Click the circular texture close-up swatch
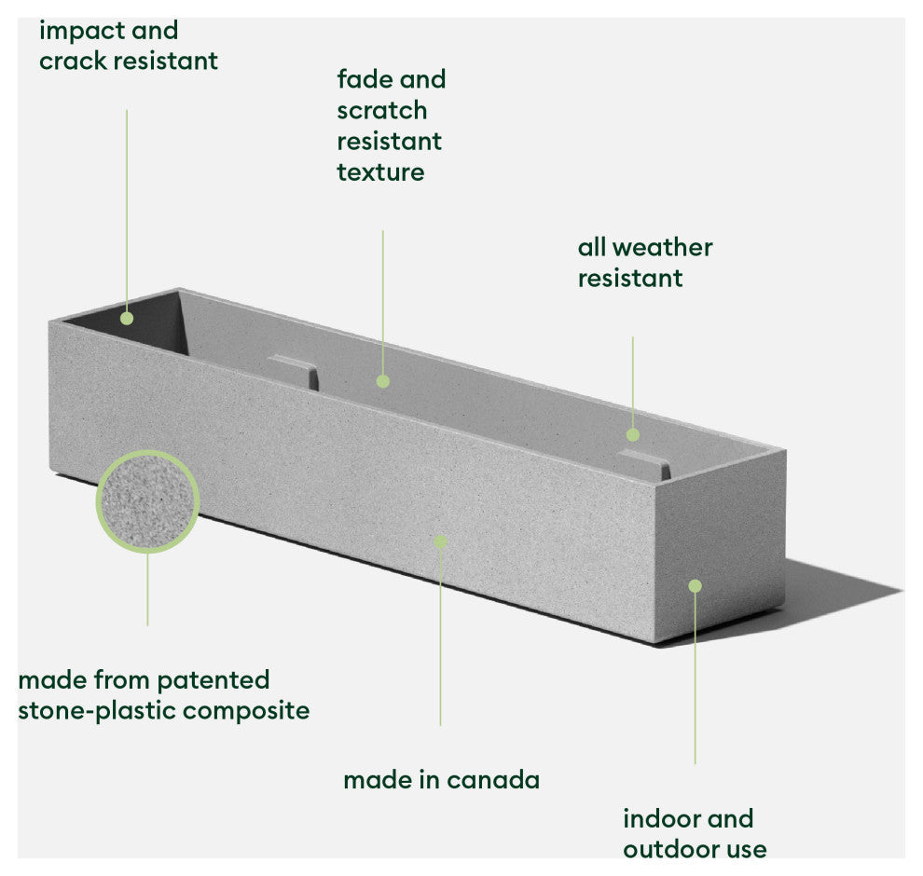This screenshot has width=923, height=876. [x=147, y=502]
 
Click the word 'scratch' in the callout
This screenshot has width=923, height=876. [x=382, y=111]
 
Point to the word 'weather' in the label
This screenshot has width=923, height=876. [x=669, y=248]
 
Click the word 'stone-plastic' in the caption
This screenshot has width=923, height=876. [x=97, y=710]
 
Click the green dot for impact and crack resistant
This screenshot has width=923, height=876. [x=127, y=318]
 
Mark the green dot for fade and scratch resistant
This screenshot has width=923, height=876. [x=382, y=380]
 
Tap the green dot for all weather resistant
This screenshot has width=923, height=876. [x=633, y=434]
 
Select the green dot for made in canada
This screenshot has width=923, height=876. [x=440, y=541]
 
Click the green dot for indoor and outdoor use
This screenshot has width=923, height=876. [x=695, y=585]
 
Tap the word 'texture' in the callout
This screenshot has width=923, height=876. [x=380, y=172]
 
